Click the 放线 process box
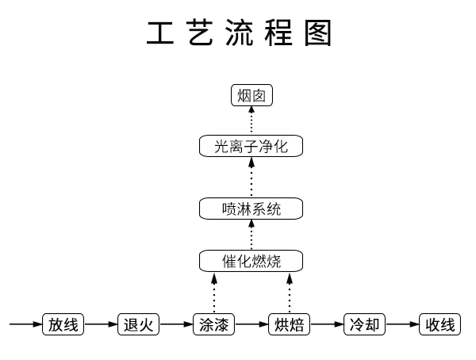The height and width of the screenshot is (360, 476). tap(63, 324)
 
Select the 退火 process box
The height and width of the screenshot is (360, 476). tap(138, 324)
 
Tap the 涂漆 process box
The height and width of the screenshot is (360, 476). tap(214, 324)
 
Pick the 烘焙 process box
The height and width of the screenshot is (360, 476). tap(290, 324)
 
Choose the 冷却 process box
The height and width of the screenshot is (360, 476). tap(365, 324)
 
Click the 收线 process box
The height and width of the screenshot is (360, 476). tap(440, 324)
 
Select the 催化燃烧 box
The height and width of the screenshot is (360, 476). tap(251, 260)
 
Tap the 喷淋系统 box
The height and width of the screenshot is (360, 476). tap(251, 209)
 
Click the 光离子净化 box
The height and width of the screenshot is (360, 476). tap(251, 147)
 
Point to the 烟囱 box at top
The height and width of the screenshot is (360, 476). tap(251, 96)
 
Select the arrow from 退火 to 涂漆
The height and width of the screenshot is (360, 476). tap(176, 324)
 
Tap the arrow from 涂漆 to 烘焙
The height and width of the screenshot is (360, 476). tap(251, 324)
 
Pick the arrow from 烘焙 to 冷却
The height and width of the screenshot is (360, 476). tap(327, 324)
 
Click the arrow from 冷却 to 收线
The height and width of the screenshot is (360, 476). tap(402, 324)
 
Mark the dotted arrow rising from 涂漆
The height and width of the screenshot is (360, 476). tap(214, 293)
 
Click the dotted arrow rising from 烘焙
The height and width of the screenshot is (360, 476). tap(290, 293)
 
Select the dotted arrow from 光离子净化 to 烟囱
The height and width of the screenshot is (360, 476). tap(251, 121)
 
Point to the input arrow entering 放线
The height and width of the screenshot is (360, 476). tap(25, 324)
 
